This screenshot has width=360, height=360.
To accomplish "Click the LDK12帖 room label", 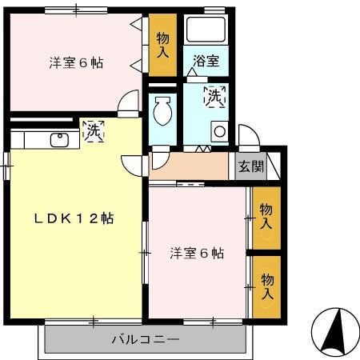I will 73,218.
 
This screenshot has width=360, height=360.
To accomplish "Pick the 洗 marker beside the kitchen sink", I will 93,128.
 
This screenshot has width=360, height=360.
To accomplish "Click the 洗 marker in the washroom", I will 214,97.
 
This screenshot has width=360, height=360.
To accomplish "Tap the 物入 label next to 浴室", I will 163,43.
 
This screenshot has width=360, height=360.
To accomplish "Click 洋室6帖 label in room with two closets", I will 196,254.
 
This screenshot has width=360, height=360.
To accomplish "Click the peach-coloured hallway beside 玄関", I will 189,166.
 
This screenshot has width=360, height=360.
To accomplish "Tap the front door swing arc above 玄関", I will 248,136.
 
